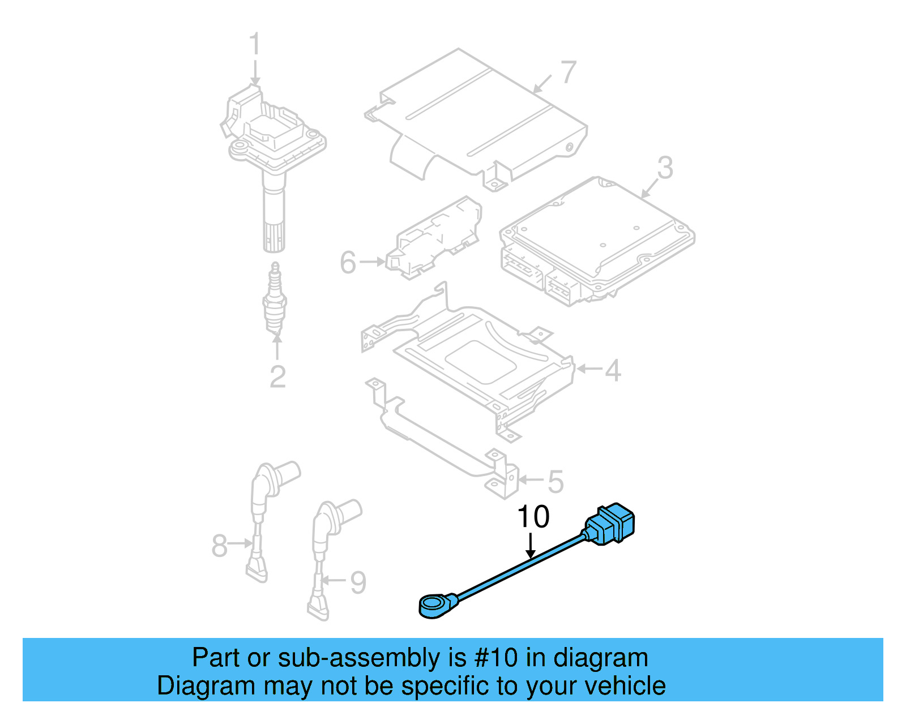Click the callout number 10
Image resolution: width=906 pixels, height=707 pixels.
[x=533, y=516]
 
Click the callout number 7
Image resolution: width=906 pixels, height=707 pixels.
[x=568, y=72]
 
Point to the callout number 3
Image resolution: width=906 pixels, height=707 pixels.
[x=665, y=168]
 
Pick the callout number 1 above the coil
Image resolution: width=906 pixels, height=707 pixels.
[x=255, y=44]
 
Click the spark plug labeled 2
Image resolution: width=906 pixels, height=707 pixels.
[x=275, y=300]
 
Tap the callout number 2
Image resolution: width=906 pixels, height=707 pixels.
[x=277, y=377]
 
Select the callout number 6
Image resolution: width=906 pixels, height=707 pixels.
[x=348, y=263]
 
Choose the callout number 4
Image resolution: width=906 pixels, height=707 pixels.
[x=613, y=371]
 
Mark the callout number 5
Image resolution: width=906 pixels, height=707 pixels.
[x=555, y=482]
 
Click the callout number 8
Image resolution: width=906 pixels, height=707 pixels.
[x=219, y=546]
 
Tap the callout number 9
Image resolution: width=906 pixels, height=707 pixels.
[x=358, y=582]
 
